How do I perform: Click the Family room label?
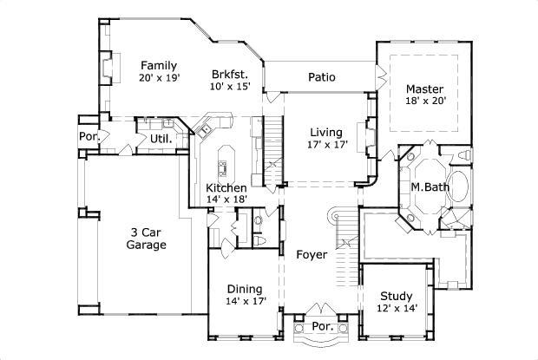[160, 65]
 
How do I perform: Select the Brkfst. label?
[229, 73]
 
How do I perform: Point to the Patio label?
[322, 77]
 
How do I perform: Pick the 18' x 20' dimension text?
[425, 101]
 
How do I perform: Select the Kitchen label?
[226, 187]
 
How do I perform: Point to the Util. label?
[161, 138]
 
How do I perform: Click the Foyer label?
[311, 255]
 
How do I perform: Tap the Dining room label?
[245, 289]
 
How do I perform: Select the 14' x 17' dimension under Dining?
[245, 301]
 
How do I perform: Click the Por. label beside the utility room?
[89, 136]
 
